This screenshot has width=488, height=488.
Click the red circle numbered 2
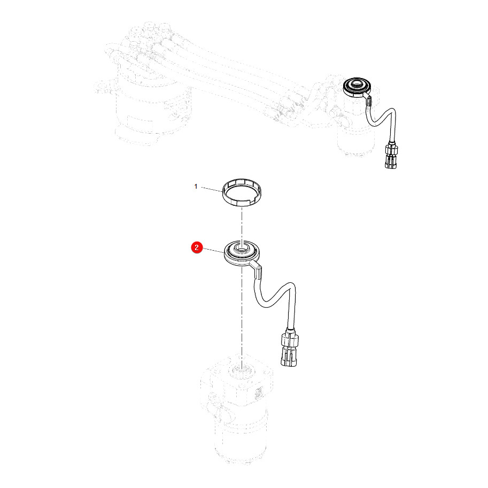click(197, 247)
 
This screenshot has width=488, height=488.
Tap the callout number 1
click(196, 187)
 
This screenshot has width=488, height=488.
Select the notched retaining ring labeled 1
click(242, 192)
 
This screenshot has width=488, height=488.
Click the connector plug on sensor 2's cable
click(289, 348)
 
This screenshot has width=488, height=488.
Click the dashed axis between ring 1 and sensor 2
click(242, 223)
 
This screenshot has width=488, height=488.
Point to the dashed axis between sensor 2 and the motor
click(242, 314)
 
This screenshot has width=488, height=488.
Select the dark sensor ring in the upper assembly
click(357, 87)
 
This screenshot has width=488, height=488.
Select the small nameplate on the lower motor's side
click(259, 393)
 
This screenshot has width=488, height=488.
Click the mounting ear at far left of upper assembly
click(102, 88)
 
